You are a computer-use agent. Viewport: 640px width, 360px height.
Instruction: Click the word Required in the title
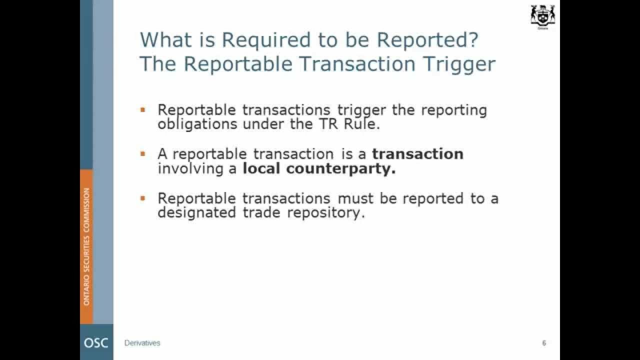(x=266, y=40)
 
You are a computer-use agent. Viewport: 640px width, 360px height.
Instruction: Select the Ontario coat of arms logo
(x=542, y=16)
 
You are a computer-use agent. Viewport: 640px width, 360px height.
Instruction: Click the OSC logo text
(x=96, y=343)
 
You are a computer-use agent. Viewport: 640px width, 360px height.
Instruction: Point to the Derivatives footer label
(x=142, y=343)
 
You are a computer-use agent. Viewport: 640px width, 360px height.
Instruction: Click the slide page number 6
(x=544, y=343)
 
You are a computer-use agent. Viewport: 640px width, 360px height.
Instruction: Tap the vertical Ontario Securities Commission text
(x=86, y=246)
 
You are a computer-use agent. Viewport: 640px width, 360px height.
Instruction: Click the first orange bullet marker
(x=143, y=109)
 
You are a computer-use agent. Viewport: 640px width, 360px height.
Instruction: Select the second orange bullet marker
(x=143, y=154)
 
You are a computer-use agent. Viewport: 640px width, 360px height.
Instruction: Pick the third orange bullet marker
(x=143, y=198)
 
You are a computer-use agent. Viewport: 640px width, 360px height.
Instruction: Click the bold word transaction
(x=417, y=153)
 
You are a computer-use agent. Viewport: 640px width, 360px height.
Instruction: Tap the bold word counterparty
(x=341, y=169)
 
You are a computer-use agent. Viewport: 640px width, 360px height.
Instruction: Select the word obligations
(x=197, y=124)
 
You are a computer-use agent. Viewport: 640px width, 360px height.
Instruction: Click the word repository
(x=326, y=213)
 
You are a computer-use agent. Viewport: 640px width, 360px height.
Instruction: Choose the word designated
(x=197, y=213)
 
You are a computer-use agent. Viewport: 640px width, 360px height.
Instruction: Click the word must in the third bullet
(x=355, y=198)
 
